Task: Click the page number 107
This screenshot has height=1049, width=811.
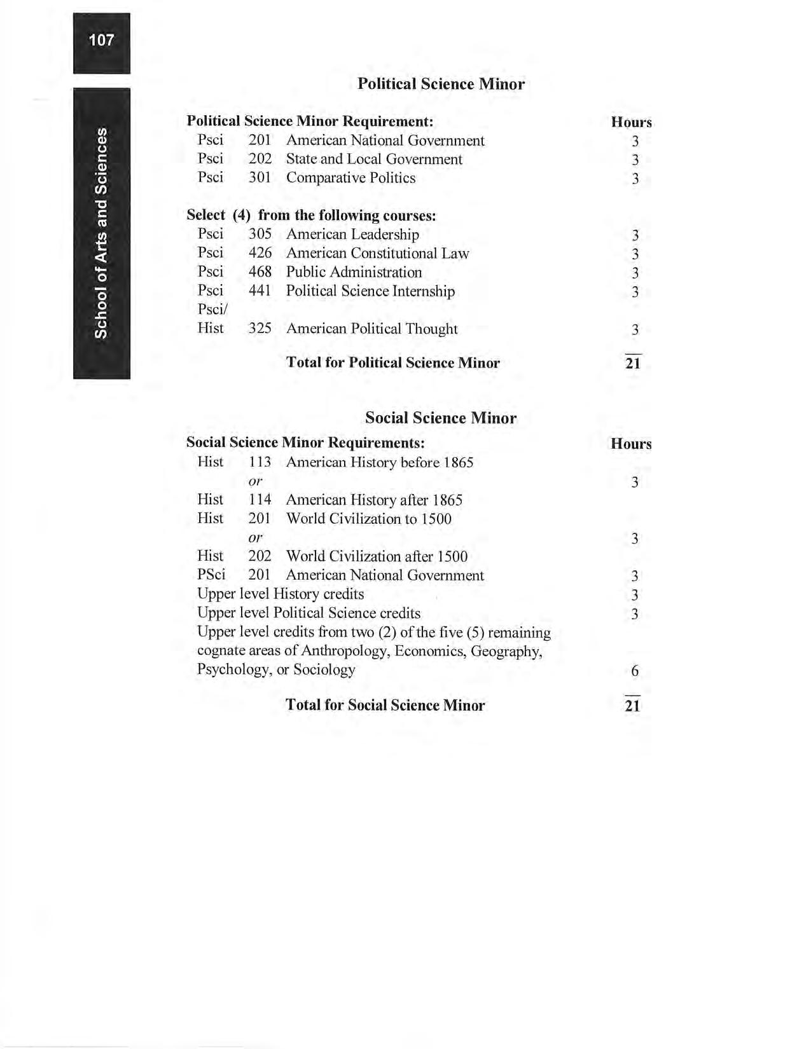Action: [101, 41]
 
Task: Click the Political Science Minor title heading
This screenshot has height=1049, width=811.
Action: [441, 84]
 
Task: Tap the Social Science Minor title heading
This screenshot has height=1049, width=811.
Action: [440, 418]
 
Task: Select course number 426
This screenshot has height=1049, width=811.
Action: [260, 254]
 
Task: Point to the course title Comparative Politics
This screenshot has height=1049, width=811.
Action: [350, 178]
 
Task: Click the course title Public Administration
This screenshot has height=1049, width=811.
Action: [354, 272]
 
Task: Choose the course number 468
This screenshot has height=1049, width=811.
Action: [260, 272]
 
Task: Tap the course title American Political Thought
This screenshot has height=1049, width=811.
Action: [371, 329]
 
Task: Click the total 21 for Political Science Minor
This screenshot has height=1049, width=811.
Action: [633, 363]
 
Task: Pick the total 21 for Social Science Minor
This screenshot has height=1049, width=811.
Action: [632, 705]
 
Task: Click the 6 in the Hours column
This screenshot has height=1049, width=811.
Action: [634, 671]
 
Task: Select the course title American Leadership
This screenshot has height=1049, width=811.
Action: [352, 235]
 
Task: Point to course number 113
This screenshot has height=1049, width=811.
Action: [260, 462]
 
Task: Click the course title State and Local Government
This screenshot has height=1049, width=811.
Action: [374, 159]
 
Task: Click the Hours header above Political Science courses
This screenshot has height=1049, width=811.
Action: [631, 122]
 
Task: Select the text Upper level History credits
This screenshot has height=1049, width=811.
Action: [281, 594]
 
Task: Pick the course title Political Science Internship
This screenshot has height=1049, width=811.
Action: [370, 291]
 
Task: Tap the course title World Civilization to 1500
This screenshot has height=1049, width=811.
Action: [369, 519]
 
